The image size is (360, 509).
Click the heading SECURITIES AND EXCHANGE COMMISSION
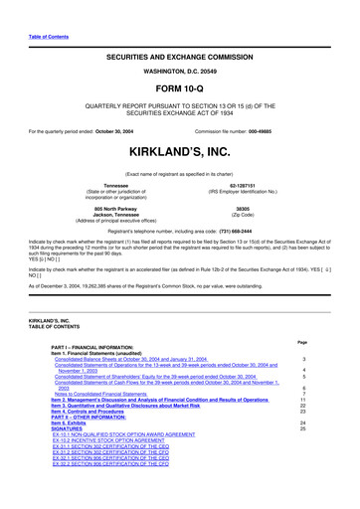pos(180,61)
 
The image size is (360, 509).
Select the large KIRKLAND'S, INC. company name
pos(180,157)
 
